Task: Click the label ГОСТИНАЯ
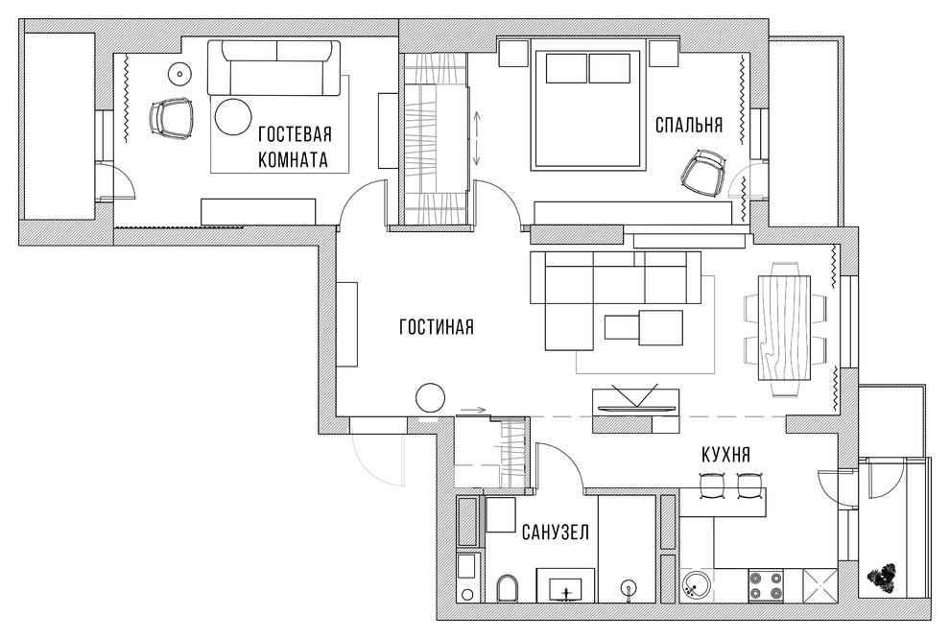[437, 327]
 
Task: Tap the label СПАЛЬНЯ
[689, 125]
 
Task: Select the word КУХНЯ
[725, 454]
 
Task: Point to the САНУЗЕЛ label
[555, 532]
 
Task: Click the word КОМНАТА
[294, 159]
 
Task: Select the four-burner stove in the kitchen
[766, 585]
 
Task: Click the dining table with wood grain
[785, 328]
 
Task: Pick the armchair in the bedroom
[704, 173]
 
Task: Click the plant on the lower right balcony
[882, 578]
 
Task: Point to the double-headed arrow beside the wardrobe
[476, 137]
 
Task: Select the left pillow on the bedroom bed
[566, 68]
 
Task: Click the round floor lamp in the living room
[430, 398]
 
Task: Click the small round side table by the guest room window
[179, 75]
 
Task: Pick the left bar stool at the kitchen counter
[711, 485]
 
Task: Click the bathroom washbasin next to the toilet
[565, 588]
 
